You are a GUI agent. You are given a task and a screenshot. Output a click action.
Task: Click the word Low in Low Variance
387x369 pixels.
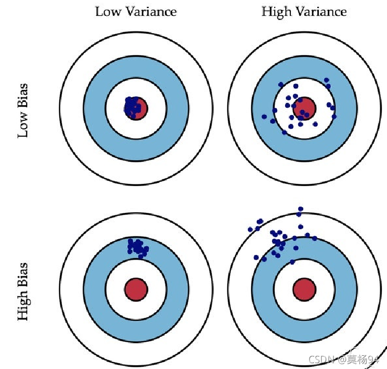pos(106,11)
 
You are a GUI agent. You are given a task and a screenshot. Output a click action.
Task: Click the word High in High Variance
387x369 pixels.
pos(276,11)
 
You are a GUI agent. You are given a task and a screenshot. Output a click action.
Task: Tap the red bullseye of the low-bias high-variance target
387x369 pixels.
pos(304,108)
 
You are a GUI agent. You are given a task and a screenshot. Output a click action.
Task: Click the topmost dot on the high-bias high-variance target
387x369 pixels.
pos(300,209)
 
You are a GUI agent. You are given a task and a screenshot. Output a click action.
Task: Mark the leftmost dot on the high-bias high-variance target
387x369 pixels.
pos(250,230)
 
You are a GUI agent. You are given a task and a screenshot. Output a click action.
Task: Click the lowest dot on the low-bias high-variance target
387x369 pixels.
pos(284,132)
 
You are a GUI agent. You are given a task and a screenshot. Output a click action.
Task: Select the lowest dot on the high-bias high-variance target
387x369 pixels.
pos(292,261)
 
